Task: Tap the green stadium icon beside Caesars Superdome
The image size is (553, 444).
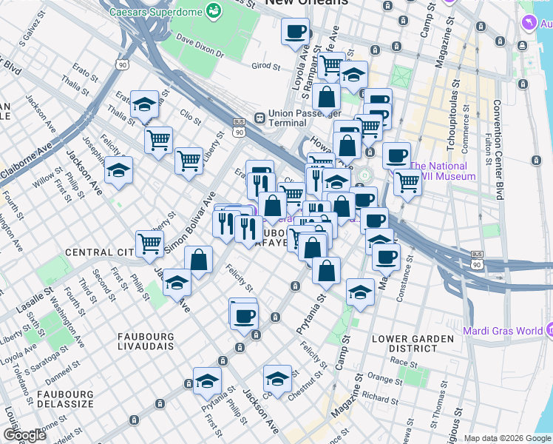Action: click(214, 11)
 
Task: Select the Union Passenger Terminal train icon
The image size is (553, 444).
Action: click(259, 118)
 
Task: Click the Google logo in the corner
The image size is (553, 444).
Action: click(24, 435)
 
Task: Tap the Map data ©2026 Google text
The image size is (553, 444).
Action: click(506, 438)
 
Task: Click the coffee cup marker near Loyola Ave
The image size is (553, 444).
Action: click(296, 32)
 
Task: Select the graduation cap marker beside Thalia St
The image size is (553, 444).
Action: click(144, 104)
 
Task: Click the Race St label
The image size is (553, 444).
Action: click(404, 363)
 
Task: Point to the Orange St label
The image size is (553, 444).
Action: click(384, 379)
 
